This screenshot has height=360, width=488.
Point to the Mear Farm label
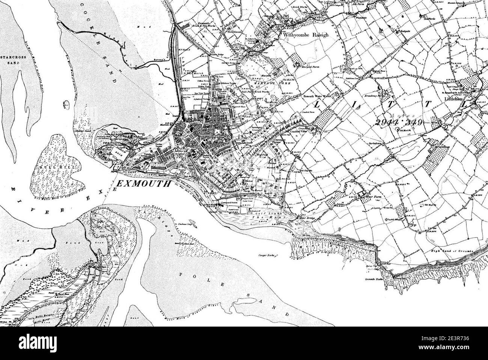(371, 196)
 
